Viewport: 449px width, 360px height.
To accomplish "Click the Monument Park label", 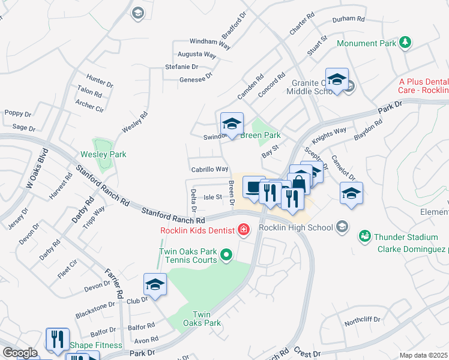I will click(366, 44).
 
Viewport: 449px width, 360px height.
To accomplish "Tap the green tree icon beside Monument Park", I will click(406, 42).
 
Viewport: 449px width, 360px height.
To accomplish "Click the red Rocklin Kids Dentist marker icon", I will click(243, 229).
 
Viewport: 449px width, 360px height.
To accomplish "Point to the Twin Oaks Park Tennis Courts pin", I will click(226, 256).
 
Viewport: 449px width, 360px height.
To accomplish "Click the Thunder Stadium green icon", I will click(364, 236).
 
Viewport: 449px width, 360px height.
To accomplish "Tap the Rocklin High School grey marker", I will click(342, 227).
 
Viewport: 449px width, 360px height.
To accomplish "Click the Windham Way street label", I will click(210, 42).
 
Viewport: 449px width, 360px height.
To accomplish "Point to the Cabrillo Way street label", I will click(209, 169).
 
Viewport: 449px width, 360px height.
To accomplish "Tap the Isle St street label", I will click(213, 197).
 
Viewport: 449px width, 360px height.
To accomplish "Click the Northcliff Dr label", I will click(363, 320).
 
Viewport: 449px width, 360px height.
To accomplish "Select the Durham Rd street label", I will click(349, 19).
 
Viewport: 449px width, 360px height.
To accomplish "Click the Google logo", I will click(20, 353).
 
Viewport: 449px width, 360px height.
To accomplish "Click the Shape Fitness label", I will click(96, 345).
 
